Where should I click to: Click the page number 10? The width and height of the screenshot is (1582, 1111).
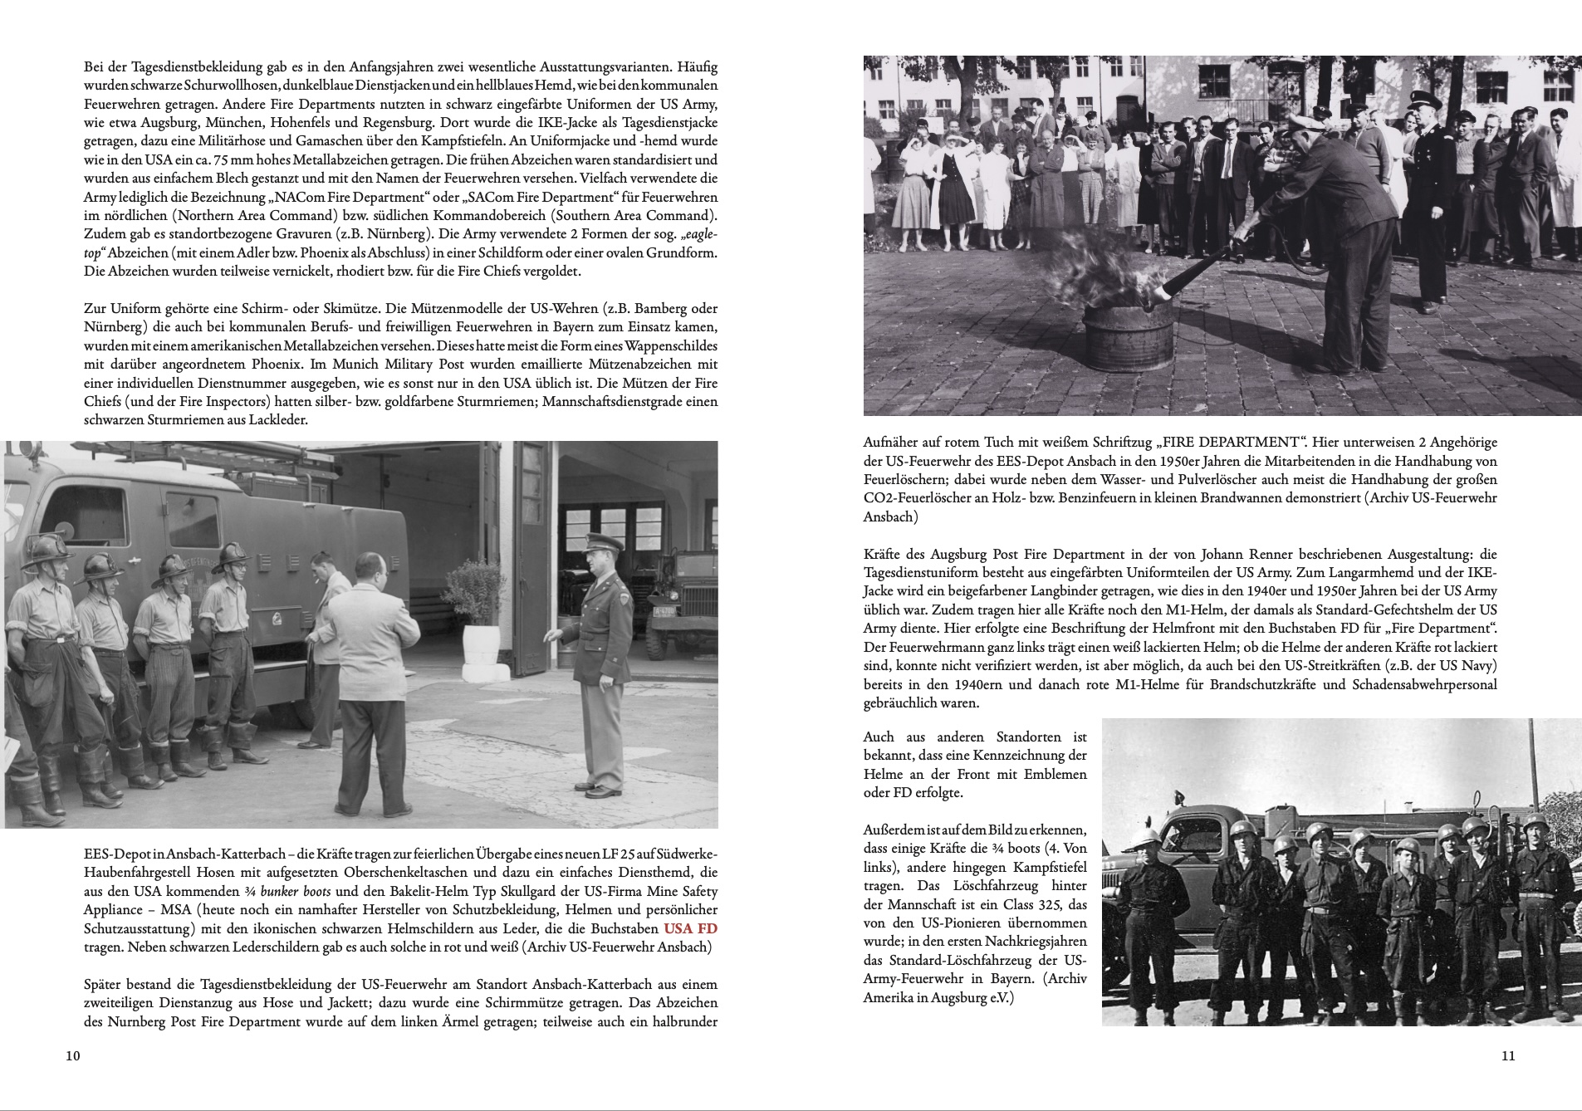point(72,1056)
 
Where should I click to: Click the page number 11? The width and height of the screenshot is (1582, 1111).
point(1508,1056)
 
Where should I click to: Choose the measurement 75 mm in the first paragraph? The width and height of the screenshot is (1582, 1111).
point(262,141)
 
